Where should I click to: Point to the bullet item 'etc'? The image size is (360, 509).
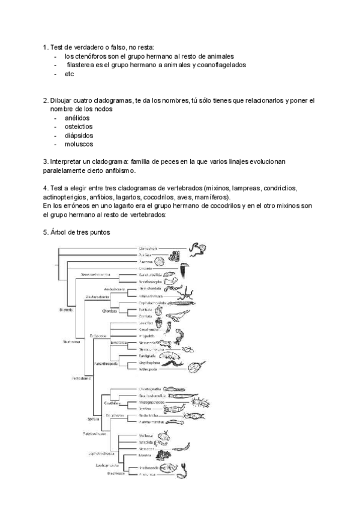pos(69,74)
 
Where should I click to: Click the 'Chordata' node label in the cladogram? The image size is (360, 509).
pos(109,311)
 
